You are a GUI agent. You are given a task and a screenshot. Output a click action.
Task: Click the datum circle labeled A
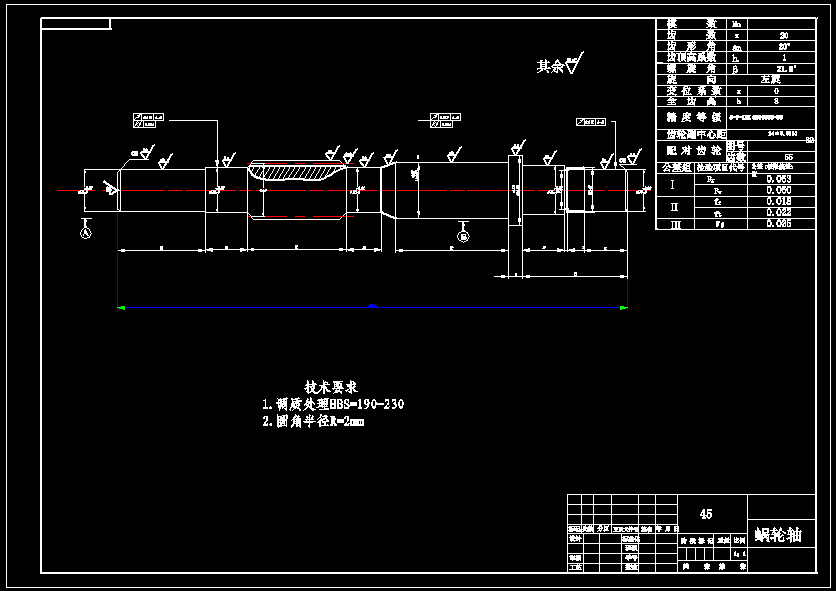pyautogui.click(x=85, y=232)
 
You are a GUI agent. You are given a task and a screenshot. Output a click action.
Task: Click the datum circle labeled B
pyautogui.click(x=463, y=236)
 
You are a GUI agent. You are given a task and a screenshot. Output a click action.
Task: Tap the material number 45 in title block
pyautogui.click(x=706, y=514)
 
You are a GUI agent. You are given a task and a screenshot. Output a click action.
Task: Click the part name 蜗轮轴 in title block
pyautogui.click(x=778, y=535)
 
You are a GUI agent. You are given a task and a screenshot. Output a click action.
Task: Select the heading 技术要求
pyautogui.click(x=331, y=386)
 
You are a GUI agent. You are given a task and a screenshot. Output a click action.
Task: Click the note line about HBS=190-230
pyautogui.click(x=333, y=405)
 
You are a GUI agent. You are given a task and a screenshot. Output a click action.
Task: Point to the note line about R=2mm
pyautogui.click(x=313, y=421)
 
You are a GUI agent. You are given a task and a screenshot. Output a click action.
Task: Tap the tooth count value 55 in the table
pyautogui.click(x=788, y=157)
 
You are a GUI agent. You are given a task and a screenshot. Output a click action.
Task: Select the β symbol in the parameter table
pyautogui.click(x=736, y=69)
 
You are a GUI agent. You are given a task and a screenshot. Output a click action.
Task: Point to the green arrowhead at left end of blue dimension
pyautogui.click(x=121, y=308)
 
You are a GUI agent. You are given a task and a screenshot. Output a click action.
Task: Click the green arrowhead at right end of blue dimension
pyautogui.click(x=623, y=308)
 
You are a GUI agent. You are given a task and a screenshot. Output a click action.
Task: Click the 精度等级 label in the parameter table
pyautogui.click(x=693, y=116)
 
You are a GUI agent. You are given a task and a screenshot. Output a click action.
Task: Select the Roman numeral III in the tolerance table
pyautogui.click(x=674, y=224)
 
